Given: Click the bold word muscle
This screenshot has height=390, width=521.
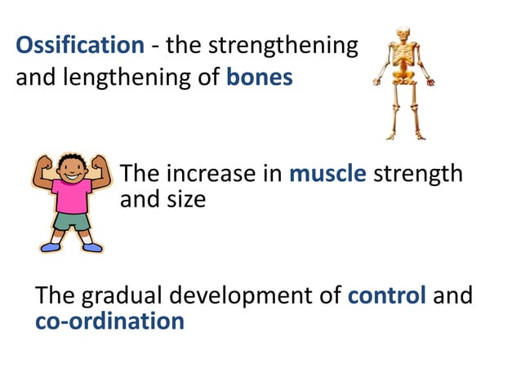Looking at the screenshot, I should pos(327,174).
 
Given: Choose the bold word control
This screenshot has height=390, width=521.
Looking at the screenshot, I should pos(386,295).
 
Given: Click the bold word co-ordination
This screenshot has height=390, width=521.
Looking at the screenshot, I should pos(109,321).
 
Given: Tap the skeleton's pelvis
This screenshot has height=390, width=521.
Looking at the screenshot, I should pos(402,82).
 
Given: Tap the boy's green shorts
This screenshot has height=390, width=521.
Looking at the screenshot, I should pos(72,221).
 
